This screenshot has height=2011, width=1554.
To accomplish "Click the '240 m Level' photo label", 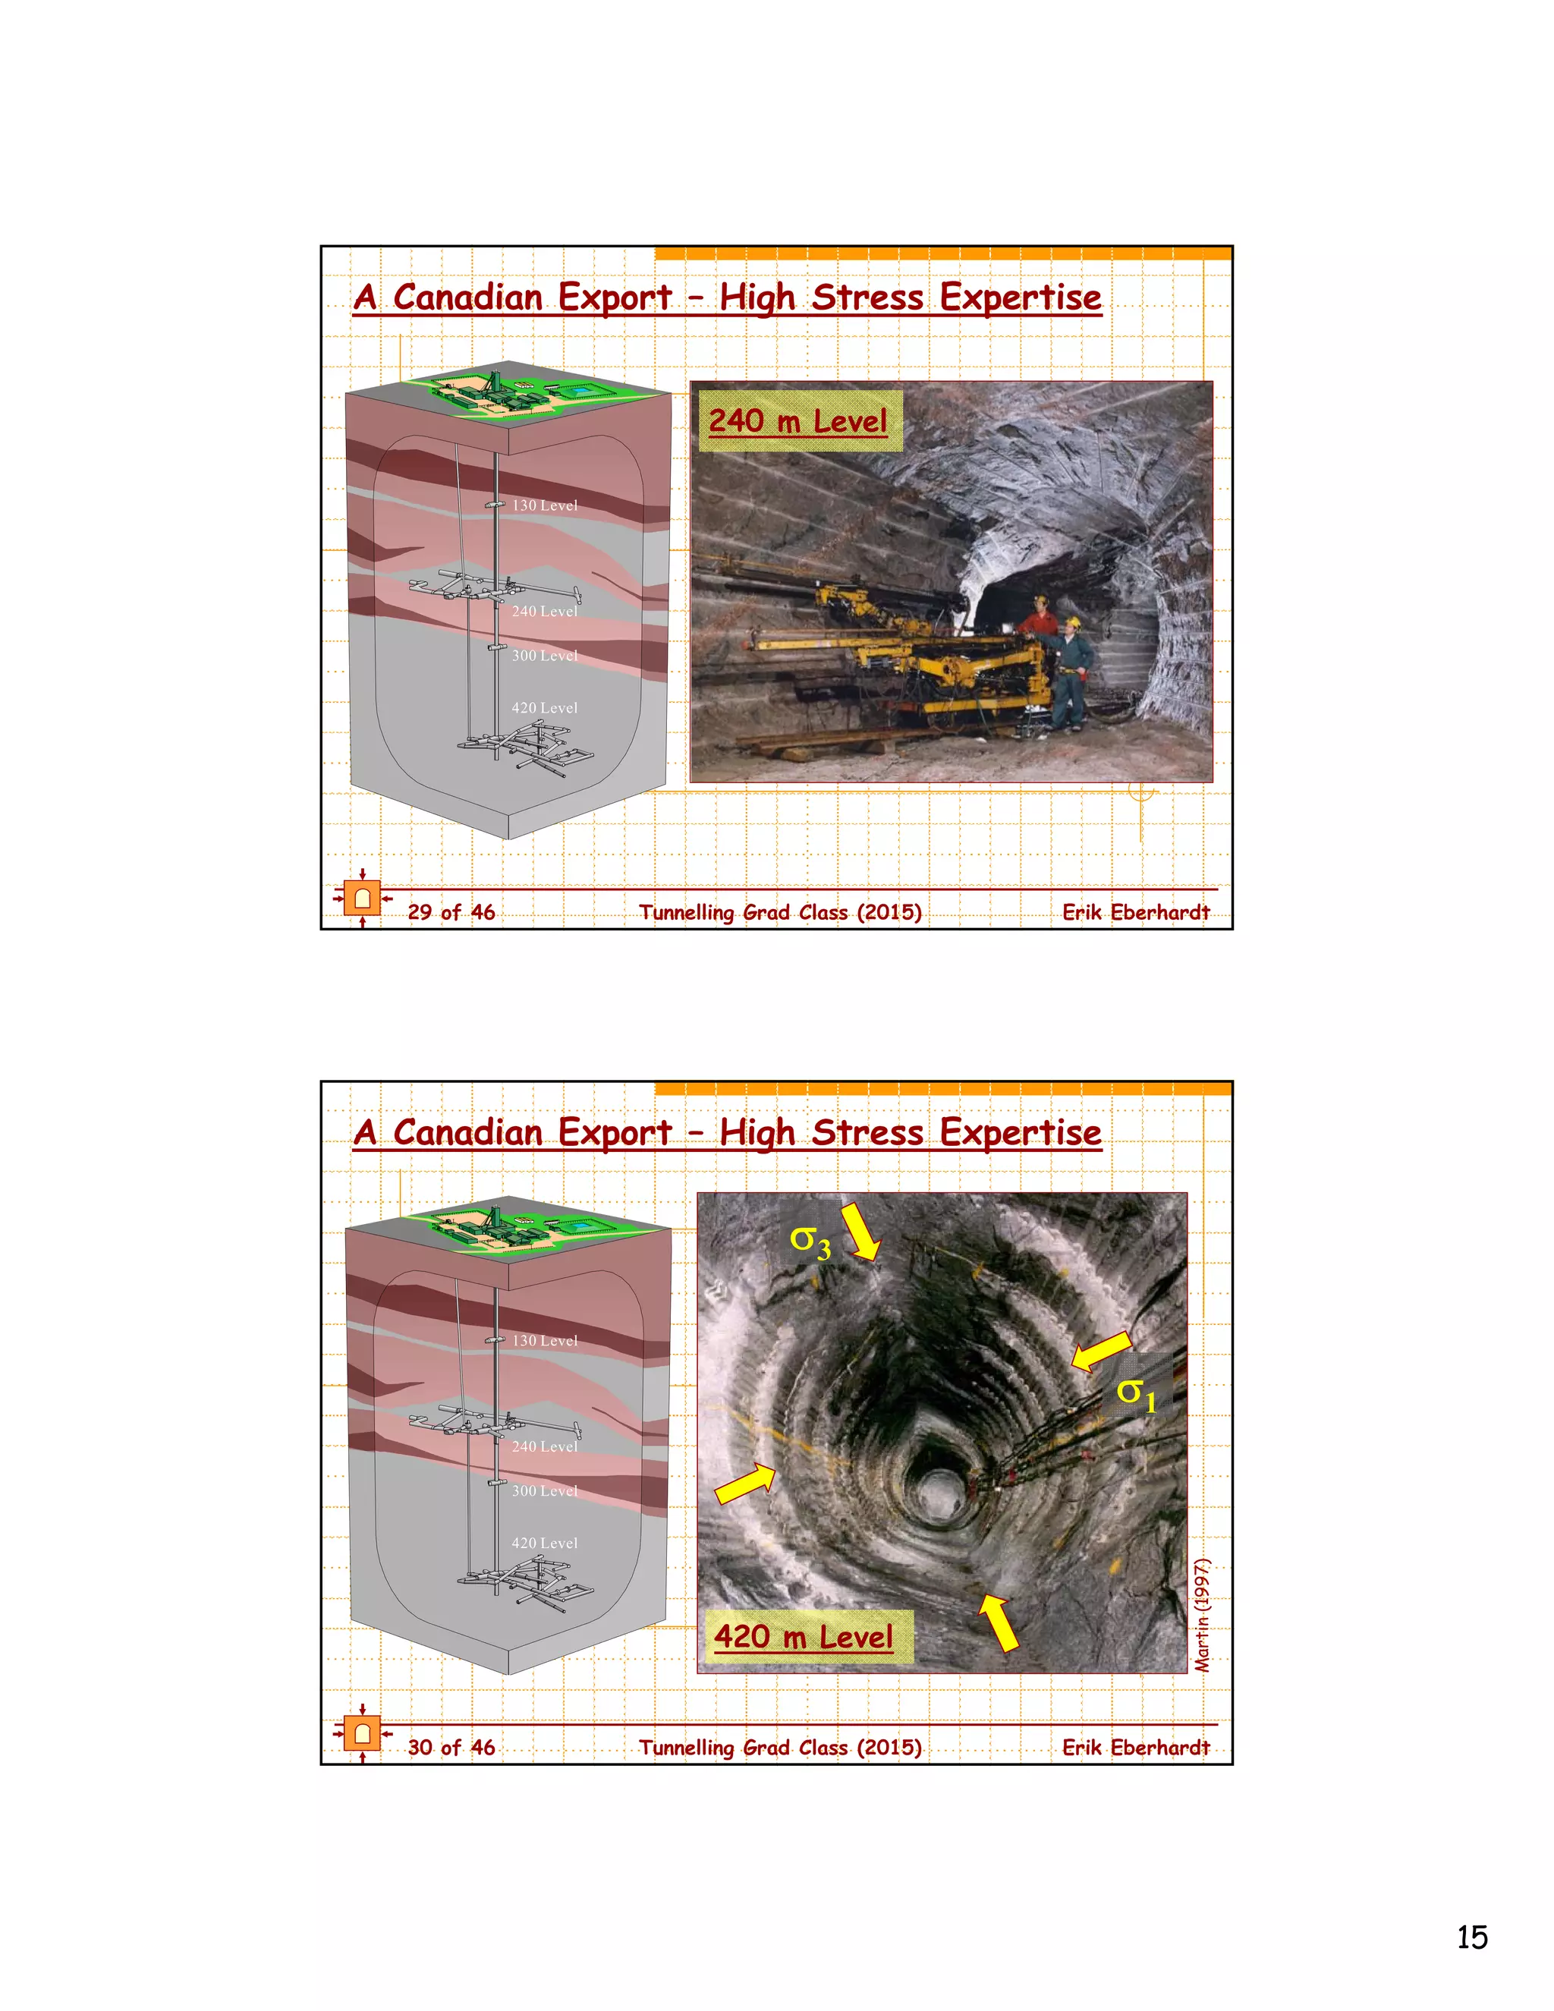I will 797,422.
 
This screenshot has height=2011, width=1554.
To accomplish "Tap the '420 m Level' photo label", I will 803,1636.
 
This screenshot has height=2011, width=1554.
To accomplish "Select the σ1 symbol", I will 1136,1393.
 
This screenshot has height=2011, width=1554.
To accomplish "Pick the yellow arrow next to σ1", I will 1101,1351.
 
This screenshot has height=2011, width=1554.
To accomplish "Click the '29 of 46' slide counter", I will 451,912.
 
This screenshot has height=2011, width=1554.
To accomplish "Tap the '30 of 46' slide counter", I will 451,1748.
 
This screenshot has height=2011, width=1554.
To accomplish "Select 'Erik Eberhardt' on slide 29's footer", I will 1135,912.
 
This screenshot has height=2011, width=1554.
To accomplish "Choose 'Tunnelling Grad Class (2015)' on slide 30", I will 780,1748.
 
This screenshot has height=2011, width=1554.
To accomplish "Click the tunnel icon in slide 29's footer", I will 363,898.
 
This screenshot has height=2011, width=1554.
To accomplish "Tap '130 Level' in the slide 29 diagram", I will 544,505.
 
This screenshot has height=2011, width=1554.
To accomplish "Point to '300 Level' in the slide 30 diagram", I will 544,1490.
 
